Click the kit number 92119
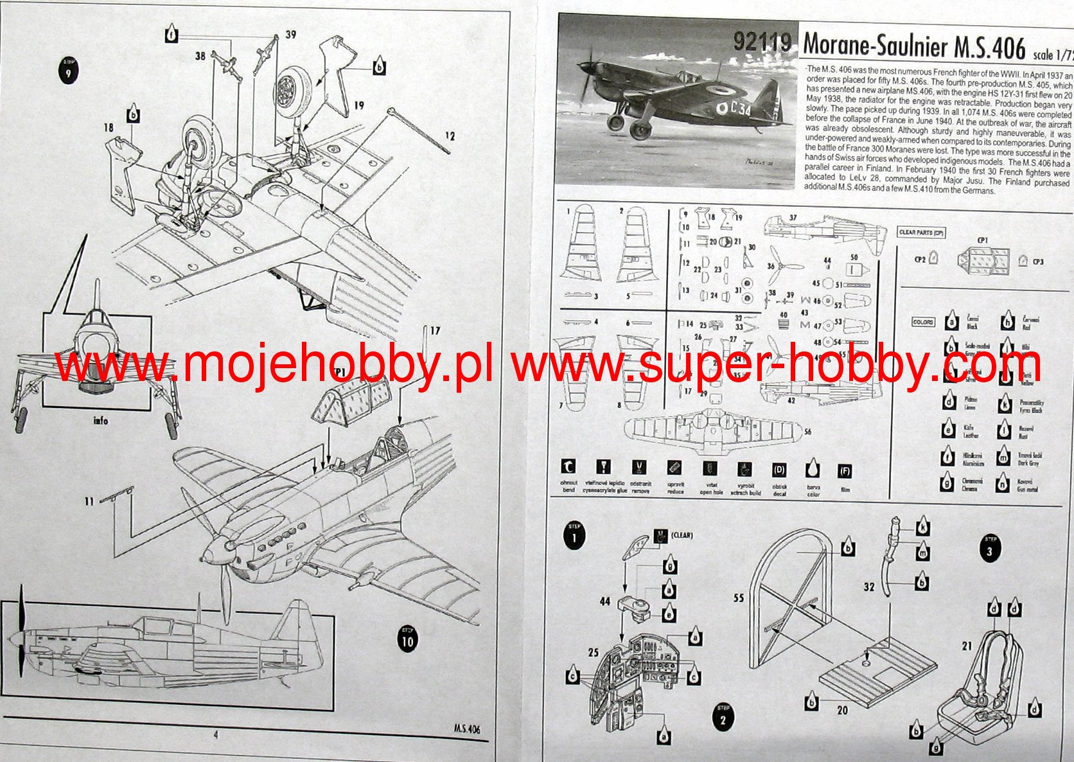tap(762, 42)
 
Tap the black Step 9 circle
tap(67, 71)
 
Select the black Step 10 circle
tap(407, 640)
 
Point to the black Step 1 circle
tap(574, 536)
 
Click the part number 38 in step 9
tap(200, 57)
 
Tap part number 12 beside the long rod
tap(450, 136)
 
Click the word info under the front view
tap(101, 421)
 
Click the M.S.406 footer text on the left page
tap(466, 729)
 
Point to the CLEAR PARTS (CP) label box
tap(922, 232)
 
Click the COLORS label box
tap(923, 322)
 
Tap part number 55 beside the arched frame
tap(738, 598)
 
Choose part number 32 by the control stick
tap(869, 587)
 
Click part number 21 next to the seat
tap(967, 646)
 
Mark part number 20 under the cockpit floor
tap(842, 710)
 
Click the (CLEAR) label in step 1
tap(682, 535)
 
